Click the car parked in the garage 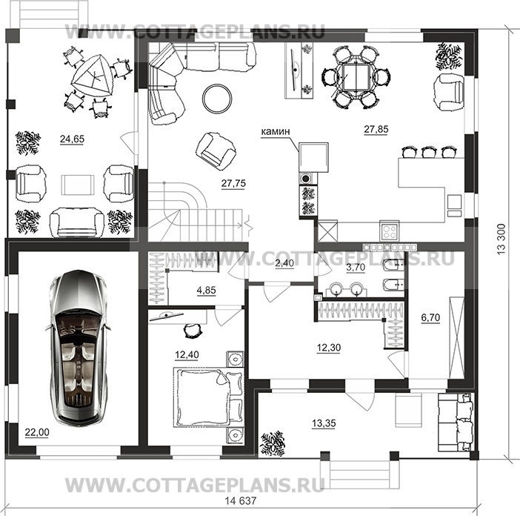pyautogui.click(x=79, y=348)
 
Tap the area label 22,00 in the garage pyautogui.click(x=37, y=432)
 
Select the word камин pyautogui.click(x=276, y=131)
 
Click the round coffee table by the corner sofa pyautogui.click(x=217, y=99)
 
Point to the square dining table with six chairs pyautogui.click(x=356, y=77)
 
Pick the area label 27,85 pyautogui.click(x=376, y=129)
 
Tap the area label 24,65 pyautogui.click(x=72, y=139)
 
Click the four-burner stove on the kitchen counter pyautogui.click(x=390, y=231)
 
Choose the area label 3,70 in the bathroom pyautogui.click(x=356, y=267)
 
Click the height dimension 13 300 pyautogui.click(x=501, y=239)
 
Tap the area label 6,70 pyautogui.click(x=430, y=318)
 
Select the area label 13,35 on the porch pyautogui.click(x=324, y=423)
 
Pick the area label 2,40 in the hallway pyautogui.click(x=284, y=263)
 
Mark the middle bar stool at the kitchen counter pyautogui.click(x=428, y=152)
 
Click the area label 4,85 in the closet pyautogui.click(x=206, y=291)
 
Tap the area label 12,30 pyautogui.click(x=329, y=348)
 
